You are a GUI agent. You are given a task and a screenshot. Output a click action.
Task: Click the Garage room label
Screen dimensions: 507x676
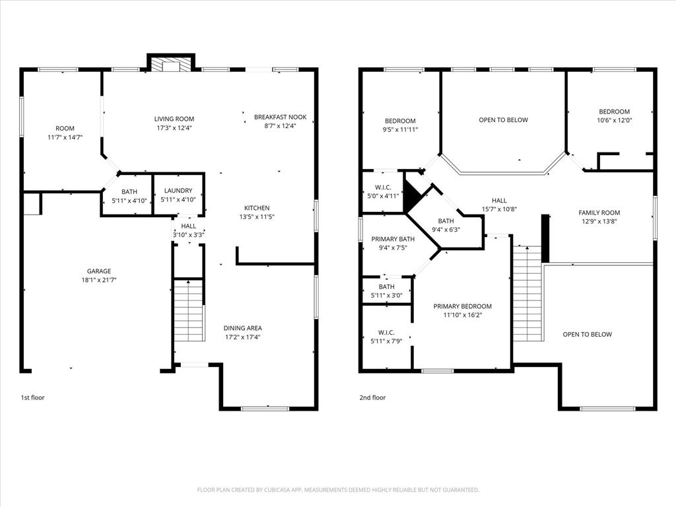[99, 271]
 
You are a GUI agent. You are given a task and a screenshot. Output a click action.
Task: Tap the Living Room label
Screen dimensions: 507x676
[174, 119]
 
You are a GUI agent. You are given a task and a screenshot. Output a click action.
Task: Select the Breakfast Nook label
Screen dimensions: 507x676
[280, 117]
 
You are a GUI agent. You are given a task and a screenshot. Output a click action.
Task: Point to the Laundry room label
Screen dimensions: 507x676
[178, 191]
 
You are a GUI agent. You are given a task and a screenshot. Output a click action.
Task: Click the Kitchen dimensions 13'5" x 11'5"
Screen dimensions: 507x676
[257, 217]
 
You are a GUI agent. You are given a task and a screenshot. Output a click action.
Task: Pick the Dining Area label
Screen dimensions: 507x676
[243, 328]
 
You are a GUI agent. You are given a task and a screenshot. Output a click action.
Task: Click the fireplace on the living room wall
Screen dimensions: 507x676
[170, 63]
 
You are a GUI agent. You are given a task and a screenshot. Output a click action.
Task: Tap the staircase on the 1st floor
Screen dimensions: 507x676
[189, 310]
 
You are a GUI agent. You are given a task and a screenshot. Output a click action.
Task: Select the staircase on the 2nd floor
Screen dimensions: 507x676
[527, 293]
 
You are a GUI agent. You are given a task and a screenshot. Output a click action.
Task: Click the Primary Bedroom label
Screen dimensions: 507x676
[462, 306]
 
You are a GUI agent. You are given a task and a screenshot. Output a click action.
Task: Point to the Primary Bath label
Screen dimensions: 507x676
[393, 239]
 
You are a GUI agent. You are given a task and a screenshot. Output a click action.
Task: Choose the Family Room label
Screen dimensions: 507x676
[599, 213]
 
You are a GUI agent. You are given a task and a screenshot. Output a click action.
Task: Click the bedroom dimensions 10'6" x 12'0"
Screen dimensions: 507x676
[614, 121]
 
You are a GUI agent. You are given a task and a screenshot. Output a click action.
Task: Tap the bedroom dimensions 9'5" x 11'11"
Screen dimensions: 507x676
[400, 130]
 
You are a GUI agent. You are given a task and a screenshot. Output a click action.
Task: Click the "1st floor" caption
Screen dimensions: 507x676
[32, 397]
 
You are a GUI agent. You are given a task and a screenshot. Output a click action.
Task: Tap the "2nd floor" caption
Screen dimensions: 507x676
[372, 397]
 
